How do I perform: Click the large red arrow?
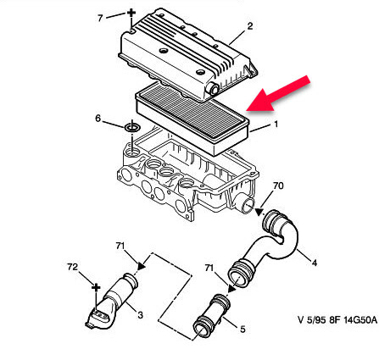(x=277, y=94)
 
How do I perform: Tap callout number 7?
(x=100, y=19)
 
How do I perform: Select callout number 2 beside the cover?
(x=250, y=26)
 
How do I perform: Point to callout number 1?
(x=276, y=124)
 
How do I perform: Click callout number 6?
(x=98, y=119)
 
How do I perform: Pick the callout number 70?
(x=278, y=186)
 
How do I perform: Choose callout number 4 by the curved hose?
(x=314, y=263)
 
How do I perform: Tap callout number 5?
(x=242, y=330)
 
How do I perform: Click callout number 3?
(x=140, y=314)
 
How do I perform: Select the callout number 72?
(x=72, y=267)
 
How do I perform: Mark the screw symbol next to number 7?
(x=131, y=13)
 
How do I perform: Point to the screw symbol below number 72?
(x=96, y=288)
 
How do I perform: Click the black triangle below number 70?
(x=259, y=212)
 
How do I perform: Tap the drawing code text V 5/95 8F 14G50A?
(x=337, y=319)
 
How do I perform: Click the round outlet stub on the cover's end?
(x=213, y=89)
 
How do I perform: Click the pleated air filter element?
(x=192, y=119)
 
